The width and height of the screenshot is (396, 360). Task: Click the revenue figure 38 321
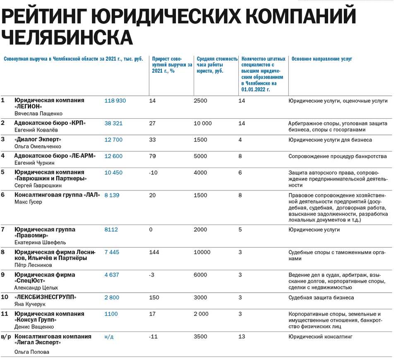click(113, 123)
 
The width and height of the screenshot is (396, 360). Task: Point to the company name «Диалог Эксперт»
click(38, 139)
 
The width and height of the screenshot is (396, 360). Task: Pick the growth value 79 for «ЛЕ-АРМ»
click(152, 156)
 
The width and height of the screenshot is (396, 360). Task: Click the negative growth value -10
click(154, 173)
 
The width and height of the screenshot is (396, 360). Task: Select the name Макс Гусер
click(28, 202)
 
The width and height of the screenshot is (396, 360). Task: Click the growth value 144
click(154, 252)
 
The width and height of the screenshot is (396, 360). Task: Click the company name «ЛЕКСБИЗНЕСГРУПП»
click(46, 297)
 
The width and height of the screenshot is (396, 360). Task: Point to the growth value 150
click(154, 298)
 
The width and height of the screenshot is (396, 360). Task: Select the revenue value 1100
click(111, 314)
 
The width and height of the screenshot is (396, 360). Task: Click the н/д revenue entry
click(109, 337)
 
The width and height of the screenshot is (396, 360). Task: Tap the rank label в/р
click(6, 337)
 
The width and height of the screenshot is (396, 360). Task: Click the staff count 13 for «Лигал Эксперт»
click(242, 337)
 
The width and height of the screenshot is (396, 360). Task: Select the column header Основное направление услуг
click(322, 59)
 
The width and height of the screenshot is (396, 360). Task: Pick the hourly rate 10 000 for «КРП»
click(203, 123)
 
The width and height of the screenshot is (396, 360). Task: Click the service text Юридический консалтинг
click(320, 337)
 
